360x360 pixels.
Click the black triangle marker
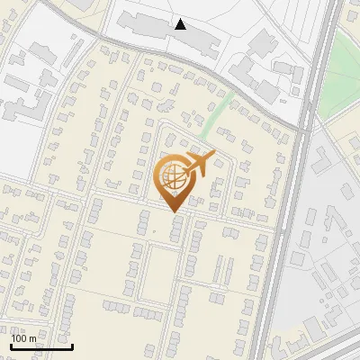tap(181, 24)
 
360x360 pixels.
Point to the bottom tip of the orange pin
tap(174, 212)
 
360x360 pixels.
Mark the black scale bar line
tap(41, 346)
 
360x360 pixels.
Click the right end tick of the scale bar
tap(72, 345)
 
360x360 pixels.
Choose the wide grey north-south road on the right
tap(286, 225)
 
